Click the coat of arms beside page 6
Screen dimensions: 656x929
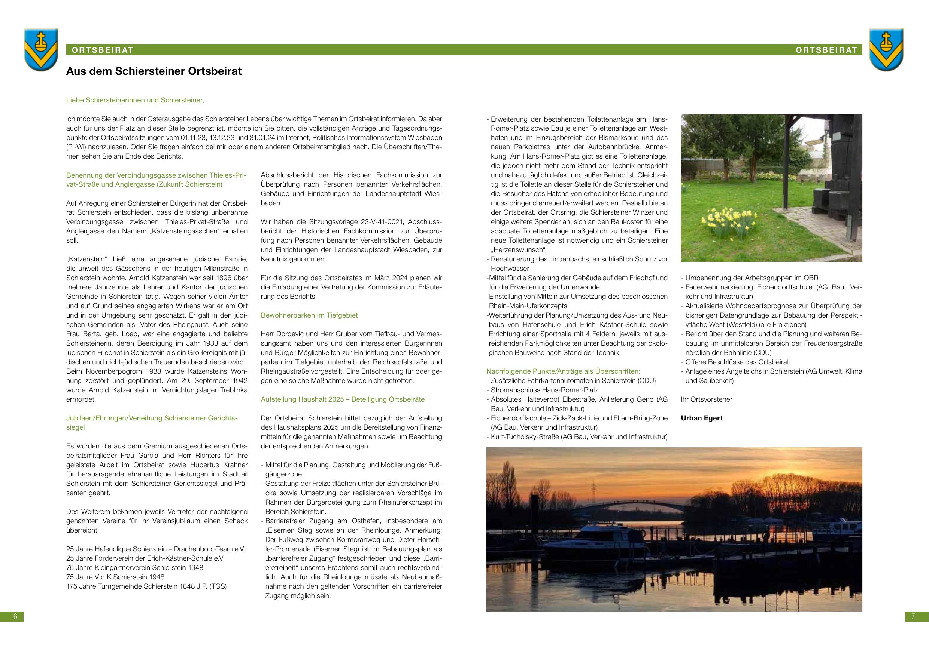(x=40, y=49)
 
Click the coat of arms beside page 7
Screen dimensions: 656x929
(x=886, y=49)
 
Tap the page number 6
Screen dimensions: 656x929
(x=15, y=616)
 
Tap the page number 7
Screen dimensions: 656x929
(x=913, y=616)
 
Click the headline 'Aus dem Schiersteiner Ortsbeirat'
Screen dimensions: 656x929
(x=154, y=71)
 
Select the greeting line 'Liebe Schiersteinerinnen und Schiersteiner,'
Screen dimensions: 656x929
(x=135, y=100)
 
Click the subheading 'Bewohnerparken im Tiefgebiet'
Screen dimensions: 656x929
(x=309, y=315)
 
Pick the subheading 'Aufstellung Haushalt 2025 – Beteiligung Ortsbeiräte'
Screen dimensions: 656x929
(x=343, y=399)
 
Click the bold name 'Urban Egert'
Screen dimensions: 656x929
(x=702, y=418)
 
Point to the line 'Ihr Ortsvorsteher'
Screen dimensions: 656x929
(x=707, y=399)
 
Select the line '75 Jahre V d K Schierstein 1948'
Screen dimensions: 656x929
(x=115, y=577)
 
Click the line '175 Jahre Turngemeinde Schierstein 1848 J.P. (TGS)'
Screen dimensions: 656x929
(x=146, y=586)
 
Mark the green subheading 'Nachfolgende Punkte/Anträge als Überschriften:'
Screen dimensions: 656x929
(x=563, y=371)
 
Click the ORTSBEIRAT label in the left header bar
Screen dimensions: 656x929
(x=103, y=50)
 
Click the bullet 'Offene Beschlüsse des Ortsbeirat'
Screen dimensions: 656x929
(x=737, y=362)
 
